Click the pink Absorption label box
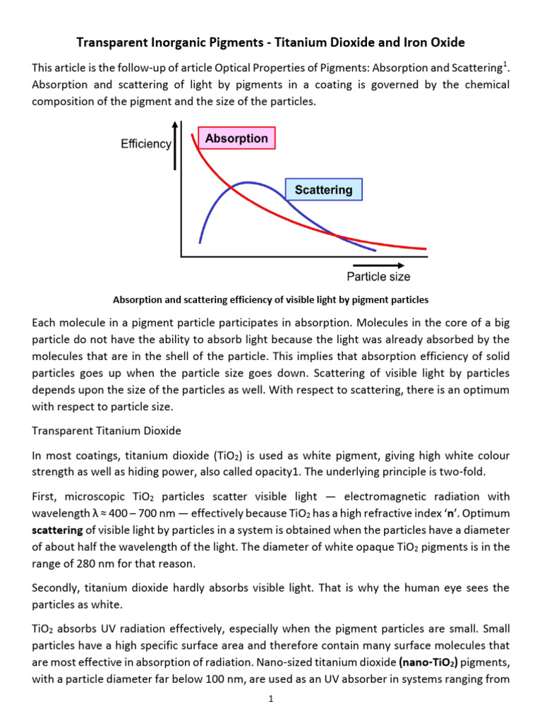click(x=236, y=138)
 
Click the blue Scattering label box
click(x=323, y=189)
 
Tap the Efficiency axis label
click(x=145, y=143)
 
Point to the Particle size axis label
click(x=378, y=276)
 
